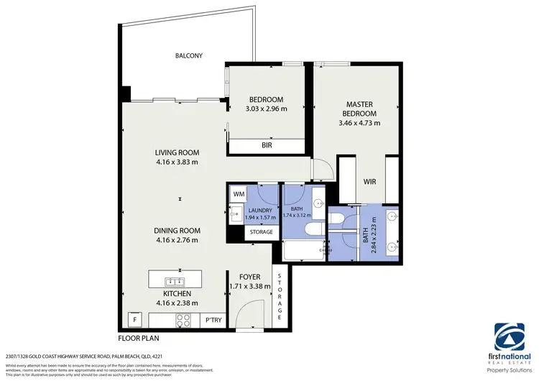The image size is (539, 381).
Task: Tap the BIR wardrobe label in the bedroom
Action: point(266,146)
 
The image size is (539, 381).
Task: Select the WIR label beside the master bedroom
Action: point(370,181)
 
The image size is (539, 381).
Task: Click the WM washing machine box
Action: point(239,194)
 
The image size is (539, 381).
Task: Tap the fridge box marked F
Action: point(134,319)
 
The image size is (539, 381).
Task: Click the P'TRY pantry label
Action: point(213,319)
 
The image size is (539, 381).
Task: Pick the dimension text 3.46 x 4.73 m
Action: point(360,123)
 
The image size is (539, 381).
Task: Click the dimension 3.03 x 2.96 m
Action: point(266,109)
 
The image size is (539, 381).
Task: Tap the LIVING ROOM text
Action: point(177,152)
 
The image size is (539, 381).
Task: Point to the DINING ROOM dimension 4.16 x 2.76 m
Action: point(177,240)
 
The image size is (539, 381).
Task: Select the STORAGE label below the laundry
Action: point(261,232)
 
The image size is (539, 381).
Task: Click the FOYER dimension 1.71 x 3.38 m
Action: point(249,285)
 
